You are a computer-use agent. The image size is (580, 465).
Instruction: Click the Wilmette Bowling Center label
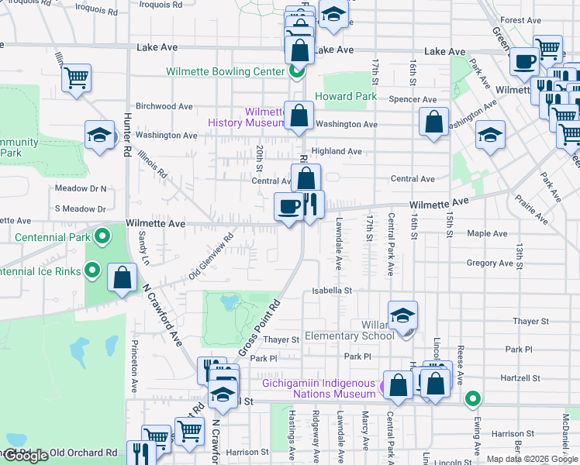(225, 72)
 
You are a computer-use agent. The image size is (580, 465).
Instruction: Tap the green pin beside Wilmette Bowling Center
(296, 73)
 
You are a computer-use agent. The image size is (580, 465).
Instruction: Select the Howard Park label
(346, 97)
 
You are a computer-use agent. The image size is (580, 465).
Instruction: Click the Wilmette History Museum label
(247, 117)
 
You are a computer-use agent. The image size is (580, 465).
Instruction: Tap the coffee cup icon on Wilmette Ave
(288, 207)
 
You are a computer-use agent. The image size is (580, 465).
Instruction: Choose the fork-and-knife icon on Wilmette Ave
(310, 205)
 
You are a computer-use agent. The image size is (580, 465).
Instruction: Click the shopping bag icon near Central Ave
(306, 177)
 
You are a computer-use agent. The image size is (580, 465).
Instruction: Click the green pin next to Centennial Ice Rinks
(92, 270)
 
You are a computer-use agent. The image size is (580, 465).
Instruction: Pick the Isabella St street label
(332, 291)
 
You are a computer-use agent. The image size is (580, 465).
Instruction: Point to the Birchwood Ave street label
(164, 106)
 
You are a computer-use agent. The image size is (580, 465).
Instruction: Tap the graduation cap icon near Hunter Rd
(99, 136)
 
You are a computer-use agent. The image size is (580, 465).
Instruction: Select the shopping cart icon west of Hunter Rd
(77, 76)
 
